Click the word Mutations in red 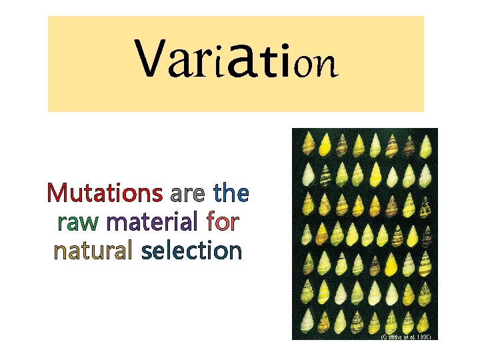coord(105,193)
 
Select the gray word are coord(188,195)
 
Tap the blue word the coord(231,193)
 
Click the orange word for coord(223,221)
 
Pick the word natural coord(93,251)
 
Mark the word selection coord(191,251)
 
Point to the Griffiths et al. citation coord(406,337)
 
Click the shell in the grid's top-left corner coord(307,143)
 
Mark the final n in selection coord(235,251)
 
